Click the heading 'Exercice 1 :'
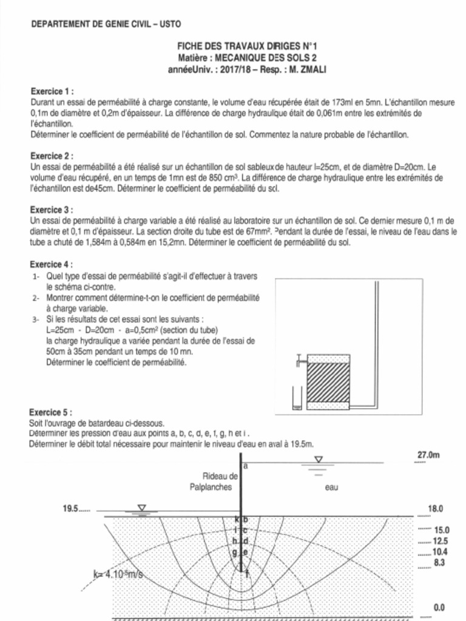point(52,92)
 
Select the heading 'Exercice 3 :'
point(52,210)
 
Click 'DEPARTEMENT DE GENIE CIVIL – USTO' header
point(105,24)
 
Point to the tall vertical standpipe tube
point(377,340)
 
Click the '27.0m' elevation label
point(428,455)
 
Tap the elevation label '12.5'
point(441,540)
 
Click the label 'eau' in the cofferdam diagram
point(331,488)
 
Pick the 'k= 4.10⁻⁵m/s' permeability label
point(121,574)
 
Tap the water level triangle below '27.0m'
point(318,460)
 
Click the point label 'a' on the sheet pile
point(246,466)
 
